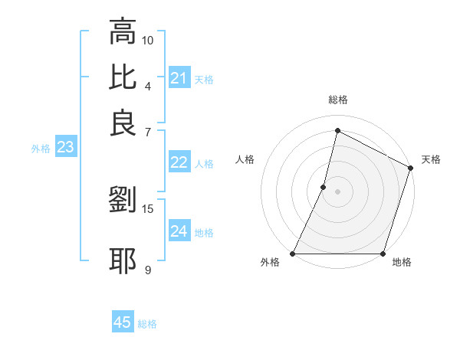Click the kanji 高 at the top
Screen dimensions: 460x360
(x=123, y=31)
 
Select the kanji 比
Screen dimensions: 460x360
(x=123, y=77)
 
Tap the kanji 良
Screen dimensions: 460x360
(x=123, y=123)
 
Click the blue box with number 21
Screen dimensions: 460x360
(x=179, y=78)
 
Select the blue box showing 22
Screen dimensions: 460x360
(x=179, y=162)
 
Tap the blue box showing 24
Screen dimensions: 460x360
(x=179, y=232)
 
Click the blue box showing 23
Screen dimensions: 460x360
(x=65, y=148)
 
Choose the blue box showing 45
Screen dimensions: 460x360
(x=123, y=322)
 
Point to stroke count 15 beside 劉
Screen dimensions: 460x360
(x=148, y=208)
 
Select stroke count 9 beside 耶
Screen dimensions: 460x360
(x=148, y=270)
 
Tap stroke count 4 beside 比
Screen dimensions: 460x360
(x=148, y=85)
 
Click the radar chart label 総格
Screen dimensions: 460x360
(x=337, y=100)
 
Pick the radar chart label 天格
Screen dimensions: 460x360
(x=431, y=159)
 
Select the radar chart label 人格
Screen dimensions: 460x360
(x=245, y=159)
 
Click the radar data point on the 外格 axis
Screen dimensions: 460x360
(x=293, y=254)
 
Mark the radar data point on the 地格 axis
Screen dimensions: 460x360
(x=382, y=254)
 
